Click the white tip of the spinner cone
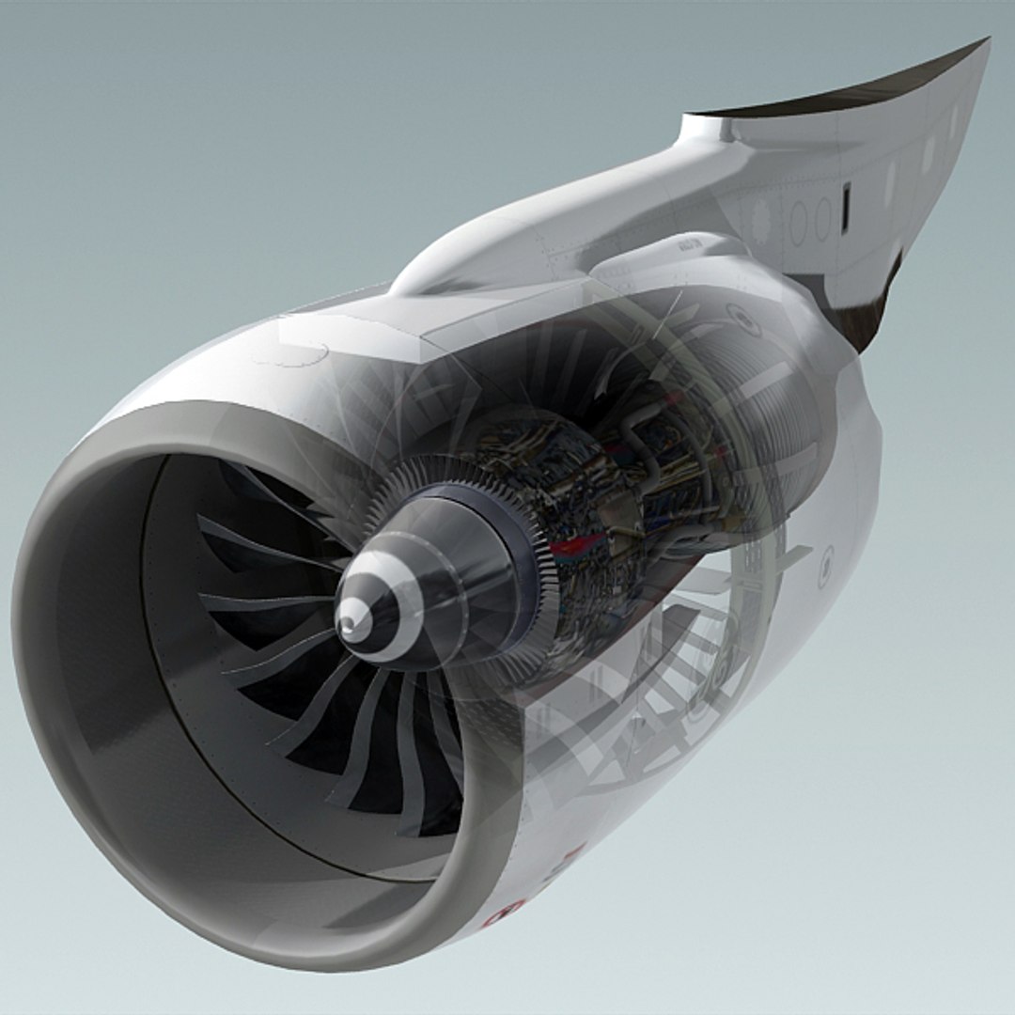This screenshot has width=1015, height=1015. pos(349,621)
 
